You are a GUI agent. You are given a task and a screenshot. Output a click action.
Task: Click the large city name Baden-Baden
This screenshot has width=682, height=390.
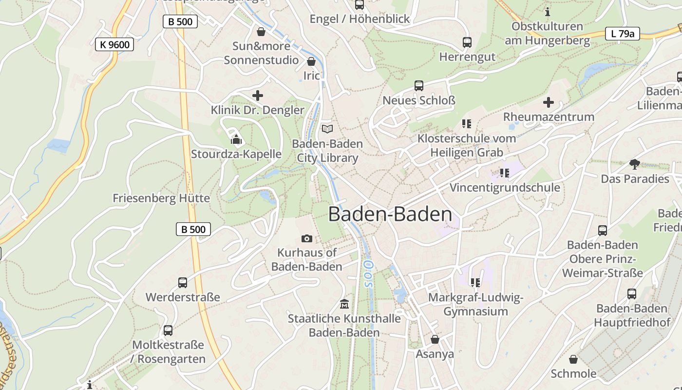click(x=390, y=214)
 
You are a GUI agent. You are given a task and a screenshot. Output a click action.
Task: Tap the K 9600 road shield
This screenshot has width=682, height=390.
click(x=114, y=45)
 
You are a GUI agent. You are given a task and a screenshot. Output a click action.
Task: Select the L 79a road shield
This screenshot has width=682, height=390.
click(x=622, y=34)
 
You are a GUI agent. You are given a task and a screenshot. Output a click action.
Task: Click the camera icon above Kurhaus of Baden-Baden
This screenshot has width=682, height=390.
click(x=307, y=238)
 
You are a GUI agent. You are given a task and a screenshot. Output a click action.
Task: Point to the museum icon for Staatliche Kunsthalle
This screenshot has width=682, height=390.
click(x=344, y=304)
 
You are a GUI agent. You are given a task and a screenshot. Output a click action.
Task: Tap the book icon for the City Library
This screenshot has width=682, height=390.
click(x=327, y=129)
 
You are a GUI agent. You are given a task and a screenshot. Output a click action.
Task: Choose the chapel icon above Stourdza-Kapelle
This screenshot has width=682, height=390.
click(x=236, y=140)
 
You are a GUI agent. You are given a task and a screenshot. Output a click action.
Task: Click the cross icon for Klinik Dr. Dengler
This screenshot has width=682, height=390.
click(x=257, y=96)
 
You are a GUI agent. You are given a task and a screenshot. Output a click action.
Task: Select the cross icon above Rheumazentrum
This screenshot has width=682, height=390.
click(x=549, y=102)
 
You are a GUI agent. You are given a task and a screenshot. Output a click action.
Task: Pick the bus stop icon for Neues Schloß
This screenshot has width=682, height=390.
click(x=419, y=86)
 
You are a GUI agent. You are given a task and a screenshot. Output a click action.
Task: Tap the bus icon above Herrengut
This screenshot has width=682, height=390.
click(x=467, y=42)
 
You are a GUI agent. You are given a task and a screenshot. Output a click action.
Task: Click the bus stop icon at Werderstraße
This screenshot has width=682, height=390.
click(x=183, y=283)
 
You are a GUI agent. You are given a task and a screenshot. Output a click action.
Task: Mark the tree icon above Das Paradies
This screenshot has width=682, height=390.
click(x=634, y=164)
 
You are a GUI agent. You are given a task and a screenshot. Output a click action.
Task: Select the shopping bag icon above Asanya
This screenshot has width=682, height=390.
click(x=435, y=339)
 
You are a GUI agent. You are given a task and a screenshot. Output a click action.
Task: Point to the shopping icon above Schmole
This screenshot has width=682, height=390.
click(x=573, y=359)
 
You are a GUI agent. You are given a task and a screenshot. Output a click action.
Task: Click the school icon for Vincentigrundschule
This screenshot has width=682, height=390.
click(x=504, y=173)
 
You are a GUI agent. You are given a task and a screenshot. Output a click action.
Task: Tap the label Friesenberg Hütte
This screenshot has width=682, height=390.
click(x=161, y=198)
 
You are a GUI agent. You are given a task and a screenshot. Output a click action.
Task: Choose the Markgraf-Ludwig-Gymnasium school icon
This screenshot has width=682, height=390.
click(x=475, y=283)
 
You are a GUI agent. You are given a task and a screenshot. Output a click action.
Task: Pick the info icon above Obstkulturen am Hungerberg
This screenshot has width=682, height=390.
click(x=548, y=12)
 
